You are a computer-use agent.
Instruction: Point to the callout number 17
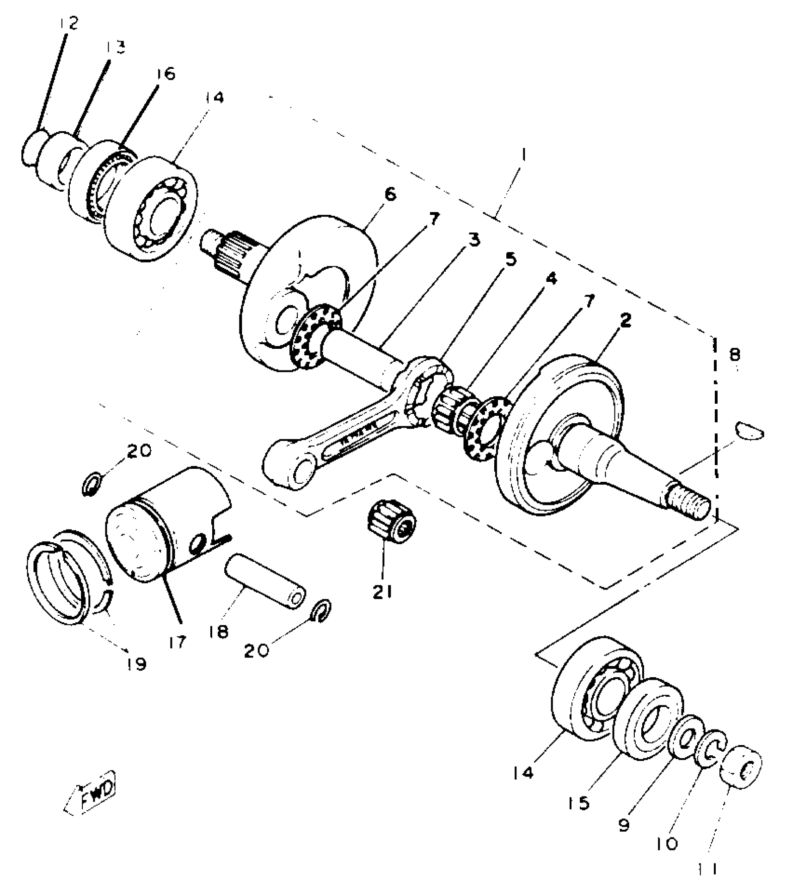pos(178,642)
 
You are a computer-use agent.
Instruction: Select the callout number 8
pos(735,355)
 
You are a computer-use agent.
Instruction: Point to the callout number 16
pos(166,73)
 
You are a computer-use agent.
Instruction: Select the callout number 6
pos(390,194)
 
